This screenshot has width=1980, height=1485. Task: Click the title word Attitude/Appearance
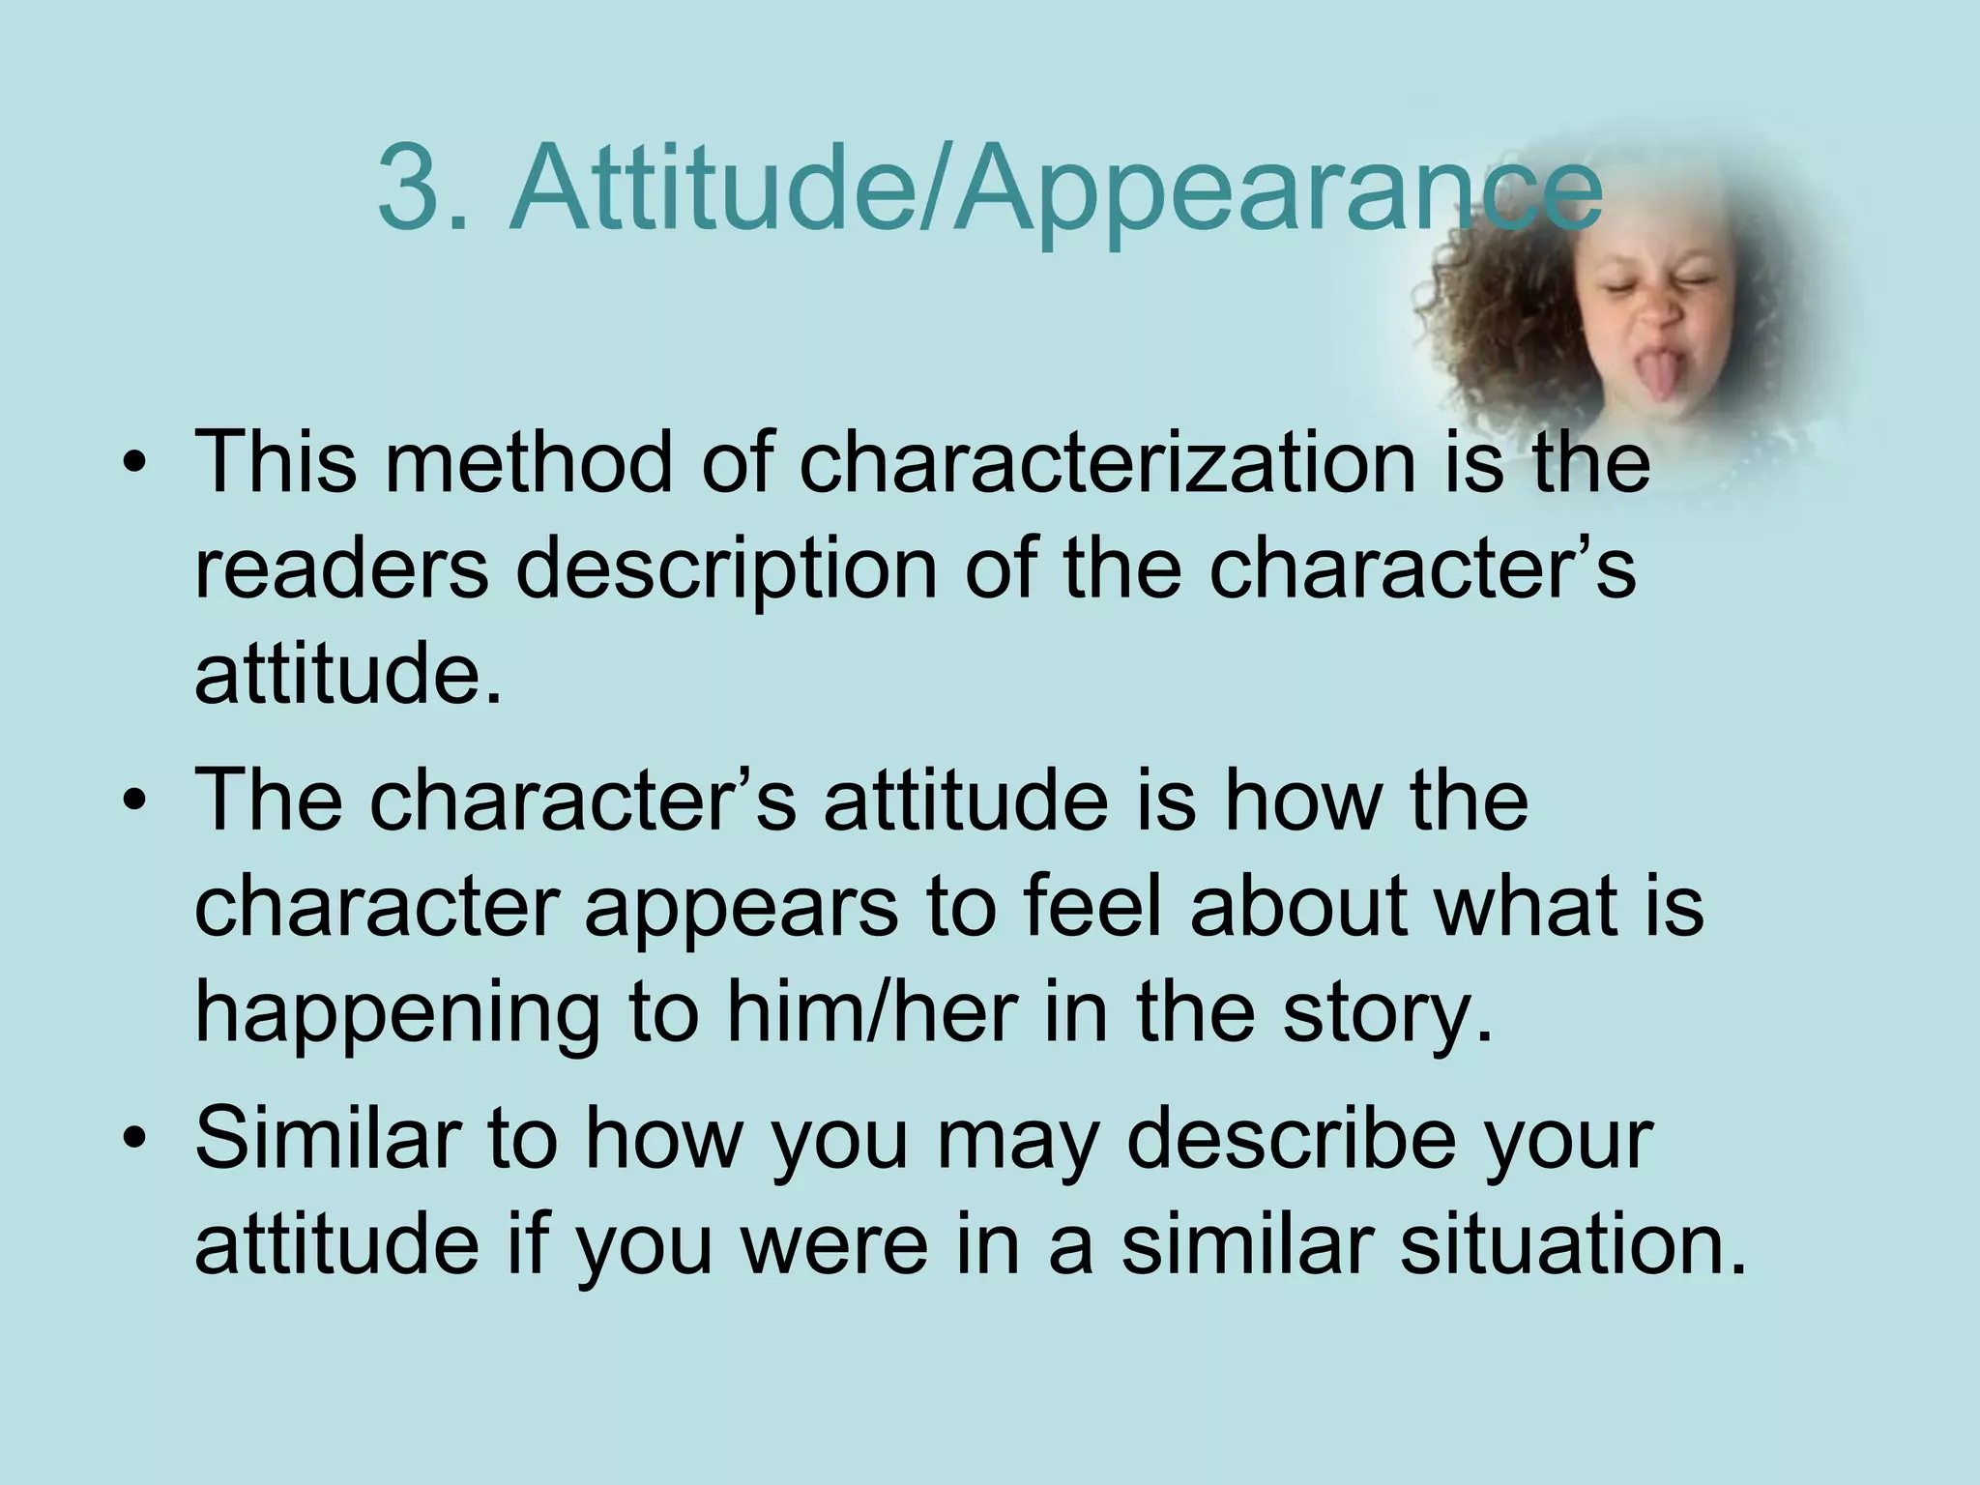1054,189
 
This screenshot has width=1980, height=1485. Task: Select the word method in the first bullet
528,462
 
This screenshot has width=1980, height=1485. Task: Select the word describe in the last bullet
1292,1138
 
